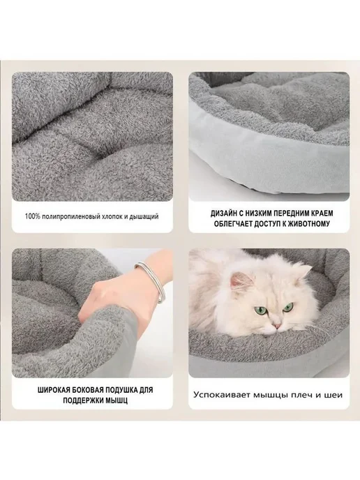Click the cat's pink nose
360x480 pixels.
pos(277,326)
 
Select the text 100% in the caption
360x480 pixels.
pos(33,217)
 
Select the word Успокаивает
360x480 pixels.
pos(217,395)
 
